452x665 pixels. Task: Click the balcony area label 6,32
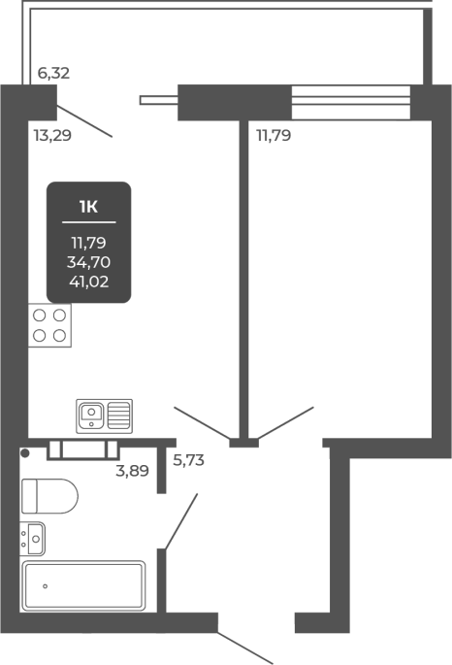[53, 74]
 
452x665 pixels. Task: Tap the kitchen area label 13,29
[52, 136]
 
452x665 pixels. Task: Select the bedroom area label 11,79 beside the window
[274, 136]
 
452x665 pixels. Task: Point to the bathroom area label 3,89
[132, 470]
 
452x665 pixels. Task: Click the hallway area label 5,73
[188, 460]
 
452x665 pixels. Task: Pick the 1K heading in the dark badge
[88, 207]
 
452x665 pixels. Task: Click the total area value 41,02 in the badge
[89, 282]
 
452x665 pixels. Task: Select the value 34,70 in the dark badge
[88, 262]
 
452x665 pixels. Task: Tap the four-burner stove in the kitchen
[49, 325]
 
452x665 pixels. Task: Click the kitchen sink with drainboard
[104, 416]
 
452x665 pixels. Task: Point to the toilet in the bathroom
[49, 496]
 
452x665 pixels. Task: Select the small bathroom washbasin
[33, 539]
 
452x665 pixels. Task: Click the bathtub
[83, 585]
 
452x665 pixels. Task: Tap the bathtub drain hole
[45, 586]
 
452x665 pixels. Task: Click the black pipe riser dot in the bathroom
[25, 453]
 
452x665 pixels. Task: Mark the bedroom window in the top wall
[351, 102]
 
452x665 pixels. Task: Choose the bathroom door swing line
[181, 521]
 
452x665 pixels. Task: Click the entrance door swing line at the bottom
[245, 648]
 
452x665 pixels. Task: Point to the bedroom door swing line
[285, 423]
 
